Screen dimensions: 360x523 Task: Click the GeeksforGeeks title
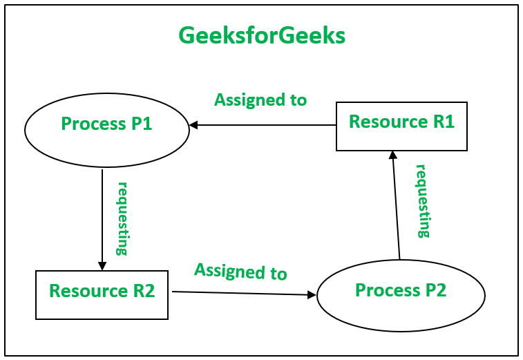262,35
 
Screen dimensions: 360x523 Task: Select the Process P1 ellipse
107,130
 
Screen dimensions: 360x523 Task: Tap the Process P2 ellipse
401,296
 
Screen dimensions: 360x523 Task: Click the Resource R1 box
401,126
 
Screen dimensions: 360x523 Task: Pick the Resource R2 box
102,295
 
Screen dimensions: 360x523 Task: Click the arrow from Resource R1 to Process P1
263,125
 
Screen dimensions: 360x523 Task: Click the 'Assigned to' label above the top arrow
260,100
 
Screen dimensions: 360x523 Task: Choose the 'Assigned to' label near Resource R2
240,271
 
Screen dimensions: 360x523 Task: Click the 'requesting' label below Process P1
122,218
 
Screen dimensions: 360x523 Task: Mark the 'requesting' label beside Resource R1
422,201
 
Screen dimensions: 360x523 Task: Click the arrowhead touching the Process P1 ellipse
194,125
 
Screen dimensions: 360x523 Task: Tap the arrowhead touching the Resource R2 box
102,265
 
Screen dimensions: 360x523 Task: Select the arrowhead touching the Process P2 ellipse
312,295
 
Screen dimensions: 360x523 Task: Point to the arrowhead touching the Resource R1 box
392,155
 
